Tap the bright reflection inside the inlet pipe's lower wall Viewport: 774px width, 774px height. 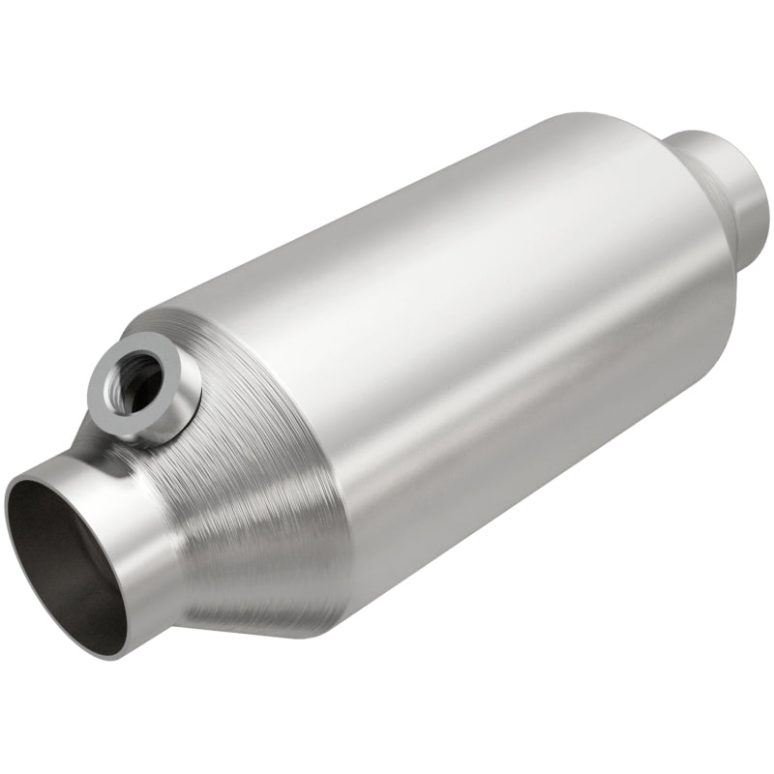coord(97,619)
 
